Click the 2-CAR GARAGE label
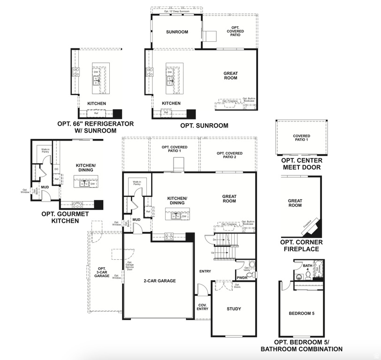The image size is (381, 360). (160, 281)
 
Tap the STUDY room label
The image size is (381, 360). (234, 309)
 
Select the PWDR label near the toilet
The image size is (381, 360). (242, 277)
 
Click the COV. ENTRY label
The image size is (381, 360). (202, 306)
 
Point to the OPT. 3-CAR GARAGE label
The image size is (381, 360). (101, 271)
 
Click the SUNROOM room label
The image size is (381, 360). (177, 32)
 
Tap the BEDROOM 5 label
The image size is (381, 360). (301, 313)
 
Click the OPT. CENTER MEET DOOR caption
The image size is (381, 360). (301, 164)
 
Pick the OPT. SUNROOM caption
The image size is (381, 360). (204, 126)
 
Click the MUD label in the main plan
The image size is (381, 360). (137, 219)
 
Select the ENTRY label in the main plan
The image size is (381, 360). (205, 271)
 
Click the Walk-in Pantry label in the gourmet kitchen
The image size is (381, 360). (45, 151)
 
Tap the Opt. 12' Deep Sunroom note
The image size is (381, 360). (177, 11)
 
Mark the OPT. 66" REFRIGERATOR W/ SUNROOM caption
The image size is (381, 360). (95, 127)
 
